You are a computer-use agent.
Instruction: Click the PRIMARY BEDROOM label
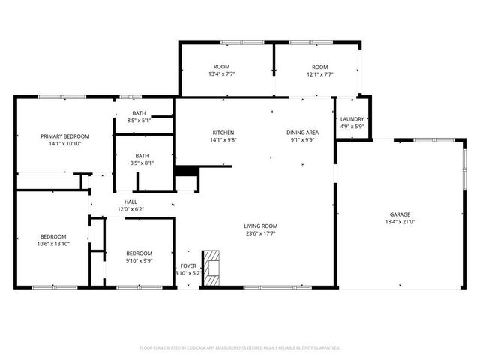[65, 136]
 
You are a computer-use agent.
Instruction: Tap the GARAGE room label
[399, 214]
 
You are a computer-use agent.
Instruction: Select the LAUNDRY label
[352, 119]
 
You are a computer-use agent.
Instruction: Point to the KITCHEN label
[223, 132]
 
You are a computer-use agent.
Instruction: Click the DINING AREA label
[302, 132]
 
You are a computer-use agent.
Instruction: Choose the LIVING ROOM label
[260, 226]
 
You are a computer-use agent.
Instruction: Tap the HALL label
[130, 202]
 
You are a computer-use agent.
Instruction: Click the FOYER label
[187, 266]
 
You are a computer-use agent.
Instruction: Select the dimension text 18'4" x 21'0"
[399, 222]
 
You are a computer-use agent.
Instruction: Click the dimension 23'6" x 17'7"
[260, 233]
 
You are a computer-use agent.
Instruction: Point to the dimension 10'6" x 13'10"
[53, 244]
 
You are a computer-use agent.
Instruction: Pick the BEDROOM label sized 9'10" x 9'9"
[139, 253]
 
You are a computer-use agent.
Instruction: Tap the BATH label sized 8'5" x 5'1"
[140, 113]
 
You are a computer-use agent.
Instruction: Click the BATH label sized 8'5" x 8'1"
[142, 156]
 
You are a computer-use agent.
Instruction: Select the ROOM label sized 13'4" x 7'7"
[221, 67]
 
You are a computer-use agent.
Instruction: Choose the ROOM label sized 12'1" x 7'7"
[320, 67]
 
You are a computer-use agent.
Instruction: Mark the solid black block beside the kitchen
[185, 171]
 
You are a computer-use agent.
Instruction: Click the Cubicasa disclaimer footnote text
[240, 348]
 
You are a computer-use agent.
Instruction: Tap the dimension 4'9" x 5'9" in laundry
[352, 127]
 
